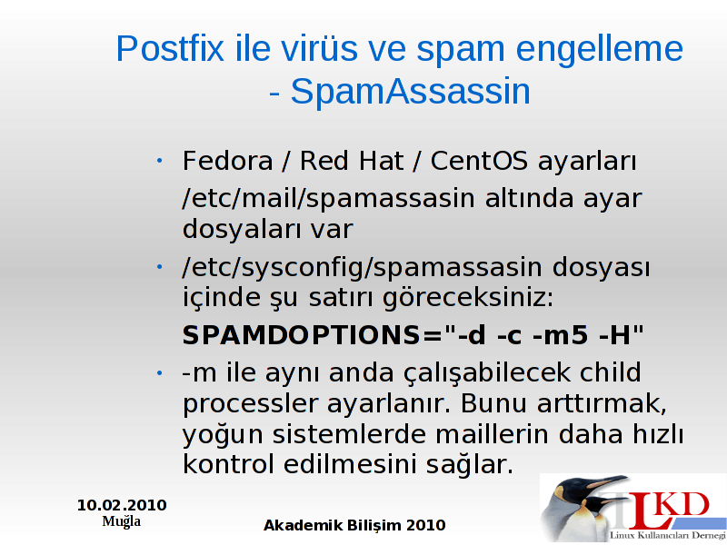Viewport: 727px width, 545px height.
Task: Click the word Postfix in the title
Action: point(170,48)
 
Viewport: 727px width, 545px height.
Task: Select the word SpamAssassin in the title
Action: point(411,92)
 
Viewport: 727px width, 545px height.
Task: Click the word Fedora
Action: point(227,161)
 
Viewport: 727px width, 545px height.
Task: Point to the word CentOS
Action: point(479,161)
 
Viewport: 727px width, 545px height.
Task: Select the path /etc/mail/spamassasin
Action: point(329,198)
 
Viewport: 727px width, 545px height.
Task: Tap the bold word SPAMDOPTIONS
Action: point(302,334)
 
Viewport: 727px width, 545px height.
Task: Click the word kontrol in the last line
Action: point(228,463)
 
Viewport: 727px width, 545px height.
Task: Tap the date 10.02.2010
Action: point(122,505)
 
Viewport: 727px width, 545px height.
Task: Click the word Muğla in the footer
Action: point(122,521)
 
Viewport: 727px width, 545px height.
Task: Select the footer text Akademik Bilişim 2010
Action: point(354,525)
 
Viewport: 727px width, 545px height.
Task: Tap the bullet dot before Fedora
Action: point(159,161)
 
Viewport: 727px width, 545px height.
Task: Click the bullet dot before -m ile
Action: point(159,372)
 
